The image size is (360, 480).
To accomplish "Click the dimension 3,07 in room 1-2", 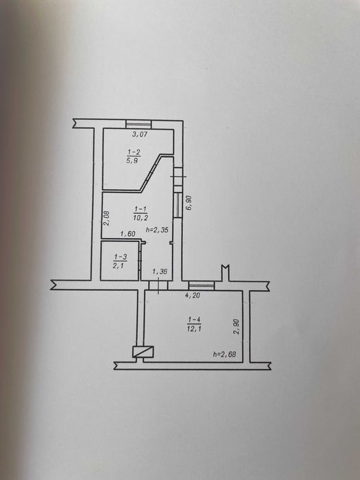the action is pos(140,134).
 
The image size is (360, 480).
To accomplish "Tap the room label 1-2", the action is pos(134,152).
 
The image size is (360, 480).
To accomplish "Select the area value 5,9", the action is pos(132,160).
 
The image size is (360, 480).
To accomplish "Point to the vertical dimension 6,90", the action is pos(189,203).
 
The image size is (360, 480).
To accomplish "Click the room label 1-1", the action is pos(140,209).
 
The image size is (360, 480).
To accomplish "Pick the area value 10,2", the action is pos(141,217).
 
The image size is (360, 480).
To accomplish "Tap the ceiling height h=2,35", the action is pos(157,230).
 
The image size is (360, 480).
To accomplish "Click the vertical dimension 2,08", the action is pos(106,218).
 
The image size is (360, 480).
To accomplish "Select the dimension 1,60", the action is pos(128,234).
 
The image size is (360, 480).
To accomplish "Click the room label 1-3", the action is pos(120,257).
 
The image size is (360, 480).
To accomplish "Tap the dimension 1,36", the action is pos(160,272).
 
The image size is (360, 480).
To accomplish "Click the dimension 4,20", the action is pos(193,296).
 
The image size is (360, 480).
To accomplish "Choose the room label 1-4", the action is pos(194,320).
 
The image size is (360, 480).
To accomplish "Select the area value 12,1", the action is pos(194,328).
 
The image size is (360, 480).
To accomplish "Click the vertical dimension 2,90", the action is pos(237,326).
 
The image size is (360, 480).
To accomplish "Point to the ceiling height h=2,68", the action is pos(224,355).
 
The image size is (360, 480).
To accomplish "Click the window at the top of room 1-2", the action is pos(139,124).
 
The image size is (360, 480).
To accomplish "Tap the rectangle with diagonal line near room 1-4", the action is pos(143,352).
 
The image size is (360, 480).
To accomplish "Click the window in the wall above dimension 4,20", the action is pos(201,286).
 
